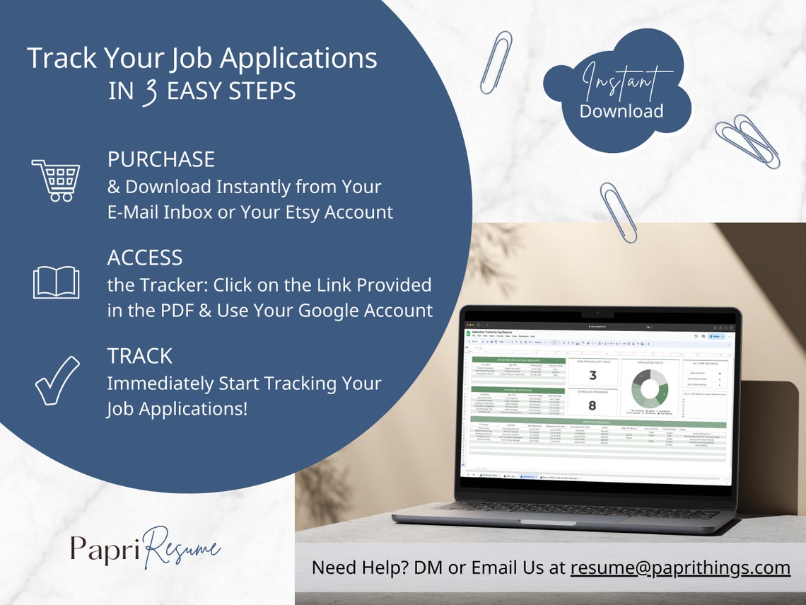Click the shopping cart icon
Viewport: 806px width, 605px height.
click(55, 180)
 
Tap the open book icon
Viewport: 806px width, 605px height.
click(56, 282)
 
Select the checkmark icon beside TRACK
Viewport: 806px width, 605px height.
click(57, 381)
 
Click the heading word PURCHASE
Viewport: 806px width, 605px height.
click(160, 159)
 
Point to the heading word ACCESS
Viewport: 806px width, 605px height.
click(145, 258)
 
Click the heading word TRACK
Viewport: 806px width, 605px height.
click(139, 356)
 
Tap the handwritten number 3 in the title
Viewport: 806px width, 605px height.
click(149, 92)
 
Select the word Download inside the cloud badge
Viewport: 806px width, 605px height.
click(621, 111)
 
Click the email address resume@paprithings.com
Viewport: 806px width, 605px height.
click(680, 567)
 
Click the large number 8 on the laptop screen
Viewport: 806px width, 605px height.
click(592, 405)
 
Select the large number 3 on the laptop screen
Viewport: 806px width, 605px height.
click(592, 375)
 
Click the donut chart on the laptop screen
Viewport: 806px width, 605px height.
click(649, 387)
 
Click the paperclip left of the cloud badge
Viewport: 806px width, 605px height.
click(496, 62)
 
